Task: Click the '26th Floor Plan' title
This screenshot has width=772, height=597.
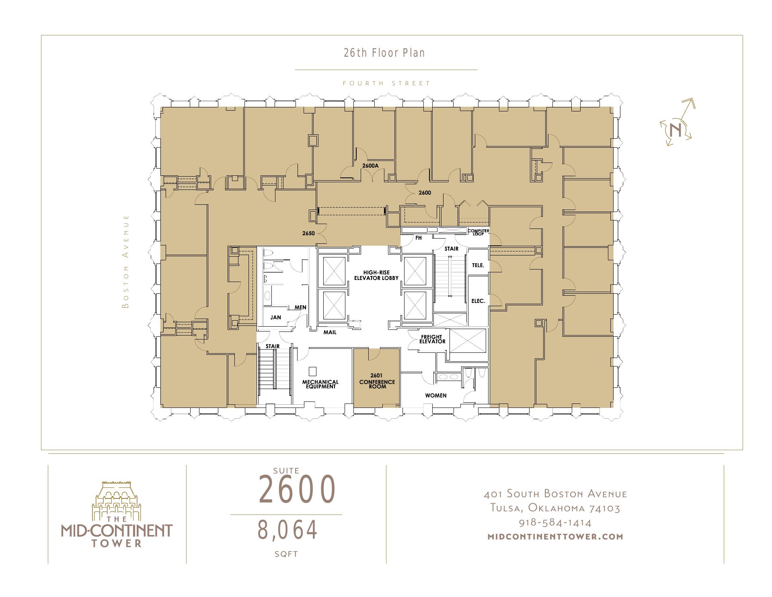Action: point(384,53)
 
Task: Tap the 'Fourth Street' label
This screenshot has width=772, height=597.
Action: point(386,83)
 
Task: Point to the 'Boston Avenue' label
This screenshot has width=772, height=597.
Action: point(126,261)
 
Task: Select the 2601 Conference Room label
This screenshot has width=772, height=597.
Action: point(377,381)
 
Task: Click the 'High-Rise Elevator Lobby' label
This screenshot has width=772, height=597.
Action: point(376,275)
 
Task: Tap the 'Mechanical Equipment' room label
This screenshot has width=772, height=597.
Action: point(320,384)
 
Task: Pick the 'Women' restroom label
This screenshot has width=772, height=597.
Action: point(436,395)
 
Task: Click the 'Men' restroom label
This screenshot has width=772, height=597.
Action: point(300,307)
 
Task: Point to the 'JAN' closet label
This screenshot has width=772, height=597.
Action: point(275,317)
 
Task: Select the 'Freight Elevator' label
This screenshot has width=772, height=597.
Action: point(432,339)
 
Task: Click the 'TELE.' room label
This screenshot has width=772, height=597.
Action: point(478,266)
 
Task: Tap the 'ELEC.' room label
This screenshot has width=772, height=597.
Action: point(478,301)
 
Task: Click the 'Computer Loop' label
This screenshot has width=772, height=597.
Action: point(478,232)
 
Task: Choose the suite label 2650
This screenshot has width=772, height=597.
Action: point(308,233)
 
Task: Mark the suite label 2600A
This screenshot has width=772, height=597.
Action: point(370,165)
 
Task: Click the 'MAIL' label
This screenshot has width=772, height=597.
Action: point(330,332)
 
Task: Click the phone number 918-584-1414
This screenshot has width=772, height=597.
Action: point(555,523)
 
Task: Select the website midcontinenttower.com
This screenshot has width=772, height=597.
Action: point(555,536)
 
